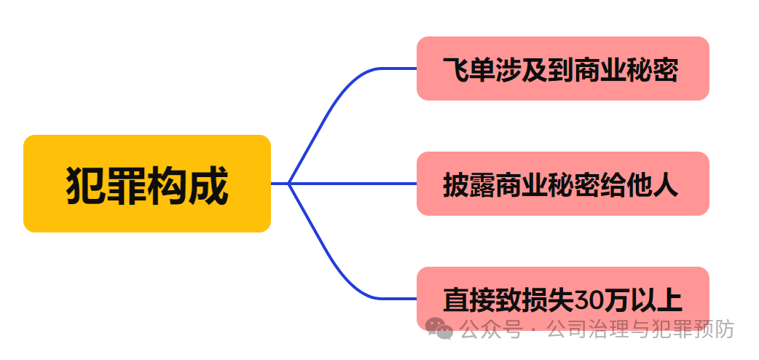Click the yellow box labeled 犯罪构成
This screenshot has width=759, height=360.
click(147, 184)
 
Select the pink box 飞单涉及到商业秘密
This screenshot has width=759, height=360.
click(562, 69)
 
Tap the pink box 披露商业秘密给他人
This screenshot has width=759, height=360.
click(562, 184)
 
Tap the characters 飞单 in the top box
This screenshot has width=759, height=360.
click(469, 71)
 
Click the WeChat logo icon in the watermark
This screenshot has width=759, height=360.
click(440, 329)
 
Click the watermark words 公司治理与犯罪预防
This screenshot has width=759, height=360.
click(641, 329)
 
